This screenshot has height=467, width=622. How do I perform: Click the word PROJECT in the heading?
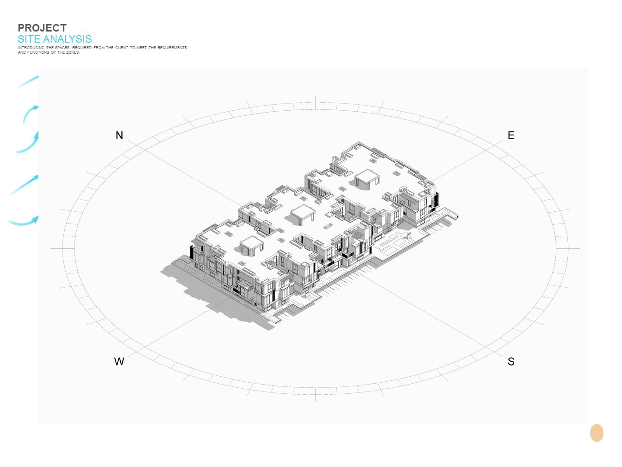(42, 28)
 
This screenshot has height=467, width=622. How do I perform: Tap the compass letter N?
(119, 135)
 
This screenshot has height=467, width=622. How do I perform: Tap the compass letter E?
(511, 135)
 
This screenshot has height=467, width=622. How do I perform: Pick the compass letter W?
(119, 361)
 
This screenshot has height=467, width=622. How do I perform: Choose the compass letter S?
(511, 361)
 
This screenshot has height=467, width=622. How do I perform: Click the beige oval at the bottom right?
(597, 433)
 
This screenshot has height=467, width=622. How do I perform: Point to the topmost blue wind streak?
(28, 82)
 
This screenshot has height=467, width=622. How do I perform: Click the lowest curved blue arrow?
(24, 221)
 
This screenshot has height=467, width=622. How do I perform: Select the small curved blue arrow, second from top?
(30, 113)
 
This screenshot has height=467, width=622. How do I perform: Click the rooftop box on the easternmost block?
(367, 178)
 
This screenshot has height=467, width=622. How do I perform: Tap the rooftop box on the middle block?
(303, 214)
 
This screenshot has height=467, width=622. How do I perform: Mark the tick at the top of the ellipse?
(315, 102)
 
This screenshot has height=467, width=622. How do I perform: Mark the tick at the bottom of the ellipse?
(315, 395)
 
